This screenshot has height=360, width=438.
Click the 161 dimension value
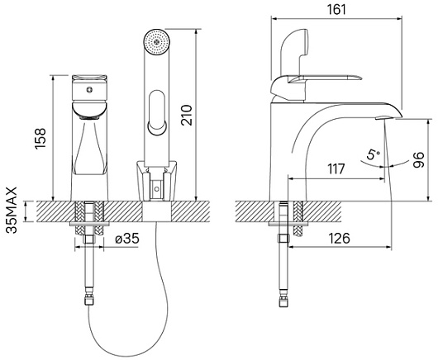tap(336, 9)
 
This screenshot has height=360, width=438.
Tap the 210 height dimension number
tap(187, 115)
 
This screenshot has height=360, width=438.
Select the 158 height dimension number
tap(40, 139)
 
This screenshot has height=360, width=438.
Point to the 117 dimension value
tap(336, 168)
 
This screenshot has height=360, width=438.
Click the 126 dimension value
tap(339, 239)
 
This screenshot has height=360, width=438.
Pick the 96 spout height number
tap(418, 160)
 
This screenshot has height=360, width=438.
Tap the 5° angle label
tap(374, 154)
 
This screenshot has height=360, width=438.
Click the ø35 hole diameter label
tap(127, 239)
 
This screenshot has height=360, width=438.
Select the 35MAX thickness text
tap(12, 210)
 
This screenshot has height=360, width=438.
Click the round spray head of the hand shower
tap(156, 42)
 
